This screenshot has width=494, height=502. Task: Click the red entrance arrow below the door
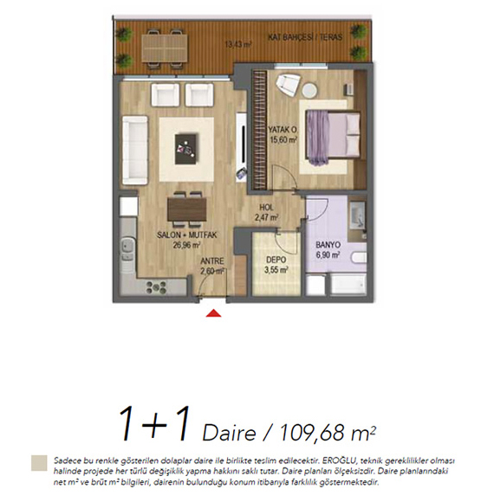pos(213,313)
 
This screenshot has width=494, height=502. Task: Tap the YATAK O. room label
pos(283,130)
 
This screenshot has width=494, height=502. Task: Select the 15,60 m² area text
pos(283,140)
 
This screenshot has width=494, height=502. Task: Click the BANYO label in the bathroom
pos(328,245)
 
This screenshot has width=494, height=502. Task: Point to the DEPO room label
pos(276,260)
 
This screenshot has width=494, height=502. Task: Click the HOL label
pos(266,208)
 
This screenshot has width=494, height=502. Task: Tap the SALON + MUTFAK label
pos(187,235)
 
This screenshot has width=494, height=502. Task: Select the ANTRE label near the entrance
pos(212,261)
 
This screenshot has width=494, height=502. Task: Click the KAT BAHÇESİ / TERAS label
pos(305,37)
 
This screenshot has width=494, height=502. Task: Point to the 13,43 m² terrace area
pos(237,44)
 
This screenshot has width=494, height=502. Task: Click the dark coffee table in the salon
pos(186,149)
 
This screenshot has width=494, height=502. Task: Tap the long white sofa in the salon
pos(135,150)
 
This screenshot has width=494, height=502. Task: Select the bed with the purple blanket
pos(333,138)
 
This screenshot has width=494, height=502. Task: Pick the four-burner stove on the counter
pos(156,287)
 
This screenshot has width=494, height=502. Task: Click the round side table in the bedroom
pos(309,90)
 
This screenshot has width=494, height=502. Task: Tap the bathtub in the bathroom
pos(348,284)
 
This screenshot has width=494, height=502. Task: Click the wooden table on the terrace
pos(165,48)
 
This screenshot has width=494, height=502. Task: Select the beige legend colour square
pos(39,463)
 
